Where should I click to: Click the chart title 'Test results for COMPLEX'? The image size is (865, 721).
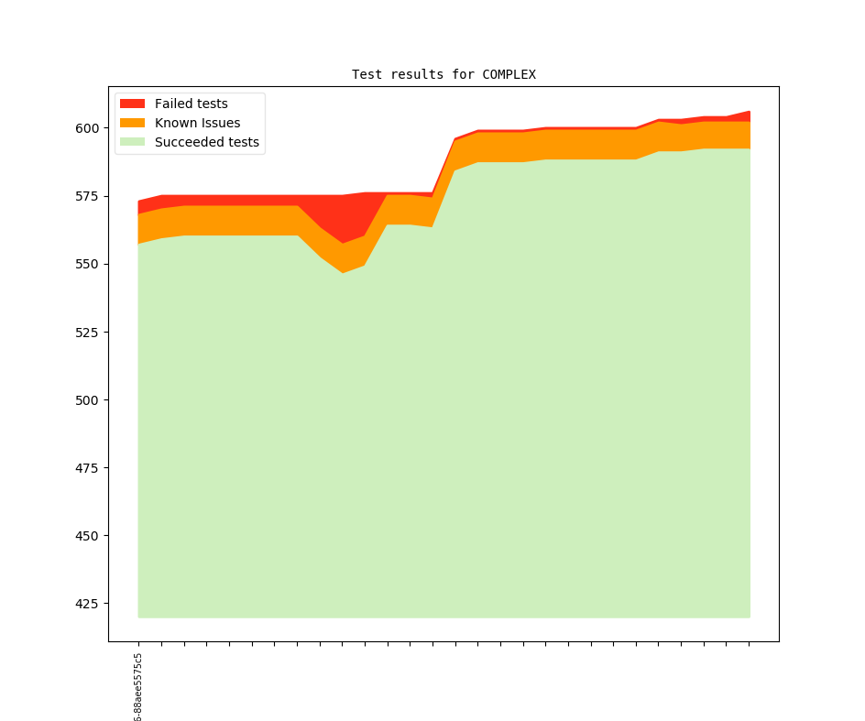click(443, 74)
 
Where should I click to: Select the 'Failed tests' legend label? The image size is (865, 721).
click(191, 104)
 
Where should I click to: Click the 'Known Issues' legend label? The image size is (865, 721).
click(197, 123)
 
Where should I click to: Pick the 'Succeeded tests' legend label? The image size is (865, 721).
click(206, 142)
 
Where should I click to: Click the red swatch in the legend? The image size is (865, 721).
click(132, 104)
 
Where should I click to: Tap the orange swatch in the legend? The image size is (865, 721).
click(132, 123)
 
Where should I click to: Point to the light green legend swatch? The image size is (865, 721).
click(132, 142)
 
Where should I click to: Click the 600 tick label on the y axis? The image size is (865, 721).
click(88, 128)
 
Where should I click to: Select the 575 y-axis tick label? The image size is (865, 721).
click(88, 196)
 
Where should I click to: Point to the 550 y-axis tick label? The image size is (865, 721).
click(88, 264)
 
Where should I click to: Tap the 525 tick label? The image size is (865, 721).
click(88, 332)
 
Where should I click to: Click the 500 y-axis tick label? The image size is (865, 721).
click(88, 399)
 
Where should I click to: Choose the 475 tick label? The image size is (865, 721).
click(88, 467)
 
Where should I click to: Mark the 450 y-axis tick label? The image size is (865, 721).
click(88, 535)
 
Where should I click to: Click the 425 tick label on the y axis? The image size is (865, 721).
click(88, 603)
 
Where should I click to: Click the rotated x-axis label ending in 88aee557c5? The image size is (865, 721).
click(137, 687)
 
